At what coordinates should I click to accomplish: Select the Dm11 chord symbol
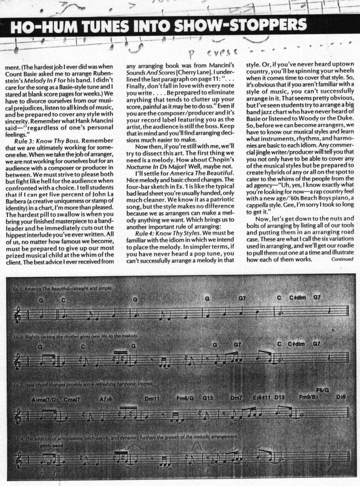pyautogui.click(x=152, y=399)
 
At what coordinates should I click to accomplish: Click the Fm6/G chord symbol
pyautogui.click(x=185, y=399)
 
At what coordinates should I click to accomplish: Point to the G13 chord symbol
pyautogui.click(x=208, y=399)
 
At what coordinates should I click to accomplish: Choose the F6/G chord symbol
pyautogui.click(x=323, y=390)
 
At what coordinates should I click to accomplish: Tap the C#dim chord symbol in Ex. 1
pyautogui.click(x=297, y=298)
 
